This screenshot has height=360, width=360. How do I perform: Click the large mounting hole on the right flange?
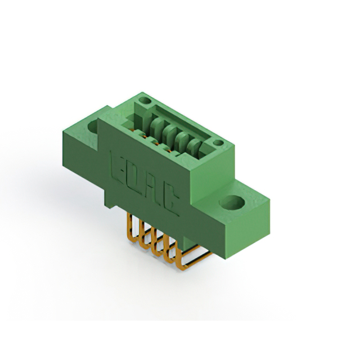click(232, 202)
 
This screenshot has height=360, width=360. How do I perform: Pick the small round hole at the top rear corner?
click(145, 100)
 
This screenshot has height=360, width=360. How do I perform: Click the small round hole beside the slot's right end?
click(218, 143)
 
